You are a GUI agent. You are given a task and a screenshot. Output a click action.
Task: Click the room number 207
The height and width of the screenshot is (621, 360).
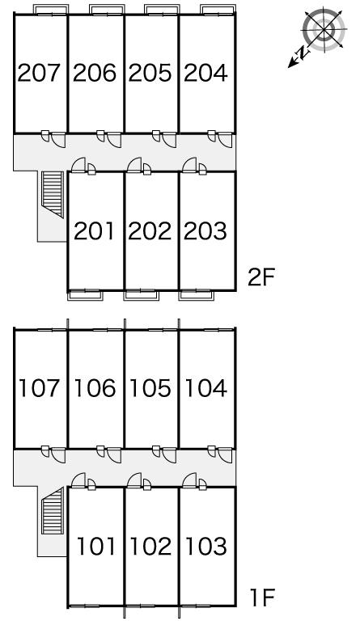[39, 73]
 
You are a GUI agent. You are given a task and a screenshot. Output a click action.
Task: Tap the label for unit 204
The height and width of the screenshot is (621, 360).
[206, 73]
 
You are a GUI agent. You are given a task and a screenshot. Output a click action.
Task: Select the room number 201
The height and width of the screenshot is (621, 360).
[95, 231]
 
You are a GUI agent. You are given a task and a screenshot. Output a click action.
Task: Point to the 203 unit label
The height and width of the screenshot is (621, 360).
[205, 231]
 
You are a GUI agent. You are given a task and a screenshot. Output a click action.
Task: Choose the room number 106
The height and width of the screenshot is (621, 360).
[95, 388]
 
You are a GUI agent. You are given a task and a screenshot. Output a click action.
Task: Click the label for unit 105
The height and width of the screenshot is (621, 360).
[150, 388]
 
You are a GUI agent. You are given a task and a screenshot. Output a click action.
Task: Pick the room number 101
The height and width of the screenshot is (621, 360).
[96, 546]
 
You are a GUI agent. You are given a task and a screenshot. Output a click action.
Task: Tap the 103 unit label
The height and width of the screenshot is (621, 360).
[206, 546]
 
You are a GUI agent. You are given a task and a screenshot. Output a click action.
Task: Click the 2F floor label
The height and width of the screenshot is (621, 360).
[261, 277]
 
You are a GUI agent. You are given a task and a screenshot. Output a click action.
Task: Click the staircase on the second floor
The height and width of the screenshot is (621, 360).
[53, 194]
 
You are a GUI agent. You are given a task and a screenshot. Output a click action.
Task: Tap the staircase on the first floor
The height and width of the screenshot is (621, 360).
[53, 511]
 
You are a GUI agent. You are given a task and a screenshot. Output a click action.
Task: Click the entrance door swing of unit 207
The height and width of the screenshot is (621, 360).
[58, 140]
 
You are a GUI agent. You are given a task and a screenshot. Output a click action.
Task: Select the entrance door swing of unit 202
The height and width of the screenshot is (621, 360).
[134, 165]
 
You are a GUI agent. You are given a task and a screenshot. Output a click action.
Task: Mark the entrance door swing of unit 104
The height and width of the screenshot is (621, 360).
[225, 456]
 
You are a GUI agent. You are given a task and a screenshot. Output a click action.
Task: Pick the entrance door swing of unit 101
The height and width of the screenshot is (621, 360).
[78, 480]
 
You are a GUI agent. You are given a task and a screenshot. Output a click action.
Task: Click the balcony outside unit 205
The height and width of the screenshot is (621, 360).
[162, 10]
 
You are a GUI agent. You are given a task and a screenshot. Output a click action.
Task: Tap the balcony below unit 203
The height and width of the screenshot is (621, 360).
[197, 295]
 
